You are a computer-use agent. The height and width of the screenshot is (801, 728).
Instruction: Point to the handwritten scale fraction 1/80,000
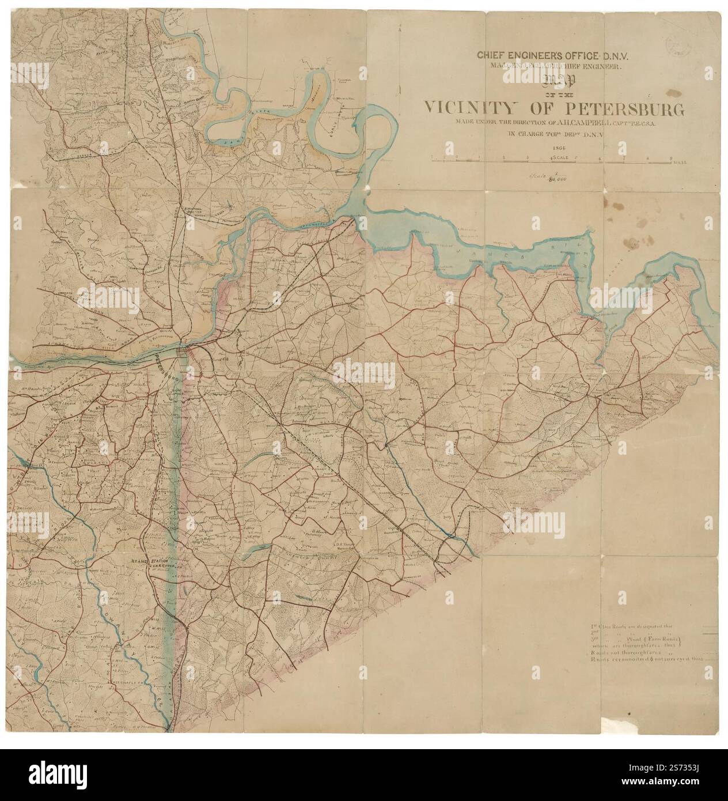coord(545,177)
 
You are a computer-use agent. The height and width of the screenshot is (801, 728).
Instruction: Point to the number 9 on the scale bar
coord(671,157)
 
